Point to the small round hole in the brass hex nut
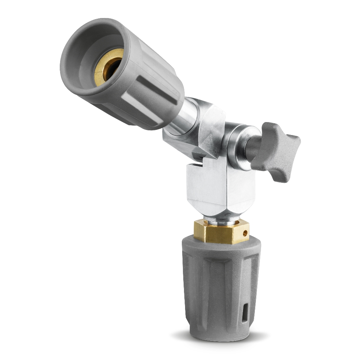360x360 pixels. pos(246,233)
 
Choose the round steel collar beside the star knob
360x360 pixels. pos(236,144)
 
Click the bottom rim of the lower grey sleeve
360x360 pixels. pos(220,337)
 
